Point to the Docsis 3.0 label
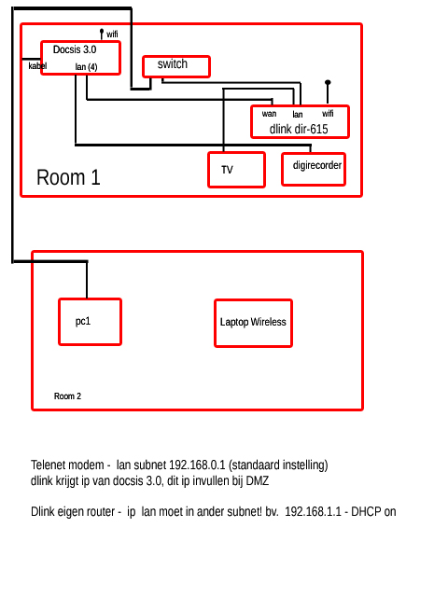(75, 49)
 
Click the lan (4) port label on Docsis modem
(86, 67)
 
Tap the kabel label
(37, 66)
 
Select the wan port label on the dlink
(269, 114)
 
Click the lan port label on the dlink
(298, 114)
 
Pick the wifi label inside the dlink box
(328, 113)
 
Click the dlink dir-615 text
(299, 129)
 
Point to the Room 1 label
(68, 177)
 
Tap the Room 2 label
(67, 396)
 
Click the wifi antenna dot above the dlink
(328, 82)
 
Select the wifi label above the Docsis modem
(112, 35)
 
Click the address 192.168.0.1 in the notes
(197, 465)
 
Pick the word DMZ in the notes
(258, 480)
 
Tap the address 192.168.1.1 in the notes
(314, 511)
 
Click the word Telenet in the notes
(49, 465)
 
